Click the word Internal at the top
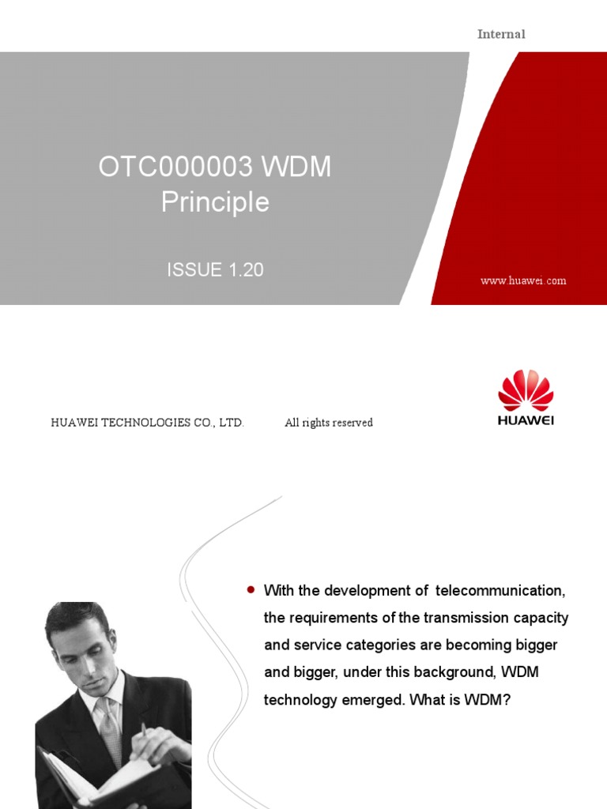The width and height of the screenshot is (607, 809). tap(501, 34)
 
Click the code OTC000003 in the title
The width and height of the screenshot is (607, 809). tap(175, 167)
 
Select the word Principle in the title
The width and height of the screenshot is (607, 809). tap(215, 202)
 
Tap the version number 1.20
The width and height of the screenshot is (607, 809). tap(246, 269)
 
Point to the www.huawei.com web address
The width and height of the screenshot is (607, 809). tap(523, 280)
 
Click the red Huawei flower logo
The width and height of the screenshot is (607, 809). tap(526, 391)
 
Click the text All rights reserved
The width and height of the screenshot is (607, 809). tap(329, 423)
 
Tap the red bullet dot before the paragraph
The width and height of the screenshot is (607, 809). tap(251, 589)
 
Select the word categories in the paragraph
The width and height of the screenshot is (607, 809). tap(373, 645)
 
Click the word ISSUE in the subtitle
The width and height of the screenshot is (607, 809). tap(194, 269)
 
